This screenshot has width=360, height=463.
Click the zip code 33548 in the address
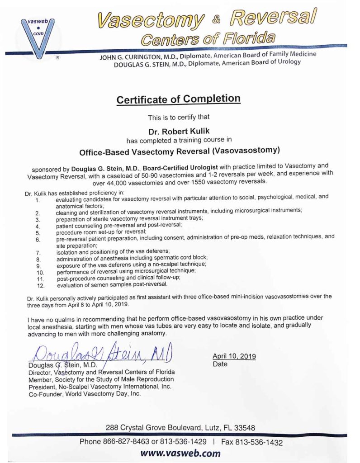pos(245,427)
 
